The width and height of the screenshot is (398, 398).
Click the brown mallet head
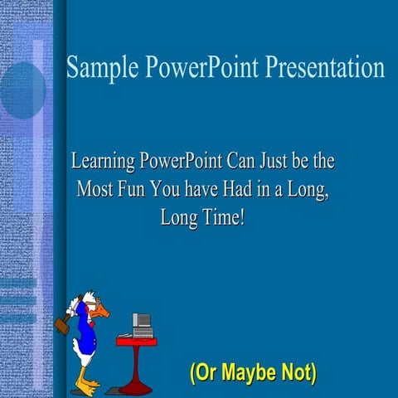coord(62,324)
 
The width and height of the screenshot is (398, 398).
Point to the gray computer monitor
coord(142,322)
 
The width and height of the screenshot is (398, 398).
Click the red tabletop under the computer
coord(137,341)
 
